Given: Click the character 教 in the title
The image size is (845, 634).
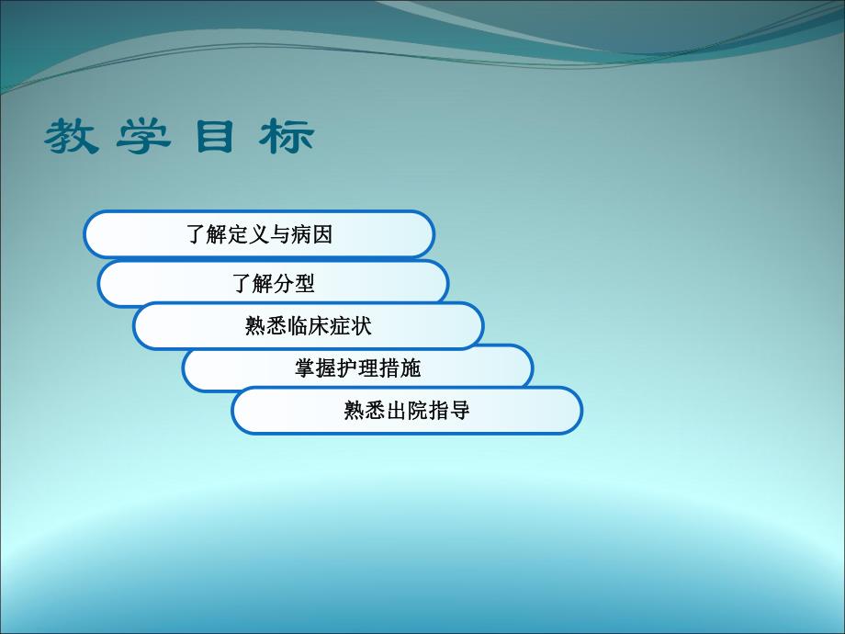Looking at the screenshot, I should tap(73, 137).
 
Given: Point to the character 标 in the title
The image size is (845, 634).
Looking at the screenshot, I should tap(287, 137).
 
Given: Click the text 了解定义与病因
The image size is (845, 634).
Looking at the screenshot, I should tap(259, 234).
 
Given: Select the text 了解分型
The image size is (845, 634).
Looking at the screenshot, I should tap(274, 284).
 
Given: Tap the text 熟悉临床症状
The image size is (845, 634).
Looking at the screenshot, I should tap(309, 326).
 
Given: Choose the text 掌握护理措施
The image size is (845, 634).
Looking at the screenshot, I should tap(358, 368).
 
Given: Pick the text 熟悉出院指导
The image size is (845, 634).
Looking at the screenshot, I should tap(407, 411).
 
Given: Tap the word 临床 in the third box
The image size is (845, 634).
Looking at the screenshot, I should tap(309, 326).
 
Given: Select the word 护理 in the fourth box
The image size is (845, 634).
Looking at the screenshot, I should tap(358, 368).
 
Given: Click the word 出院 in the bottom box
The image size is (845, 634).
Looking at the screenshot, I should tap(407, 411).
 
